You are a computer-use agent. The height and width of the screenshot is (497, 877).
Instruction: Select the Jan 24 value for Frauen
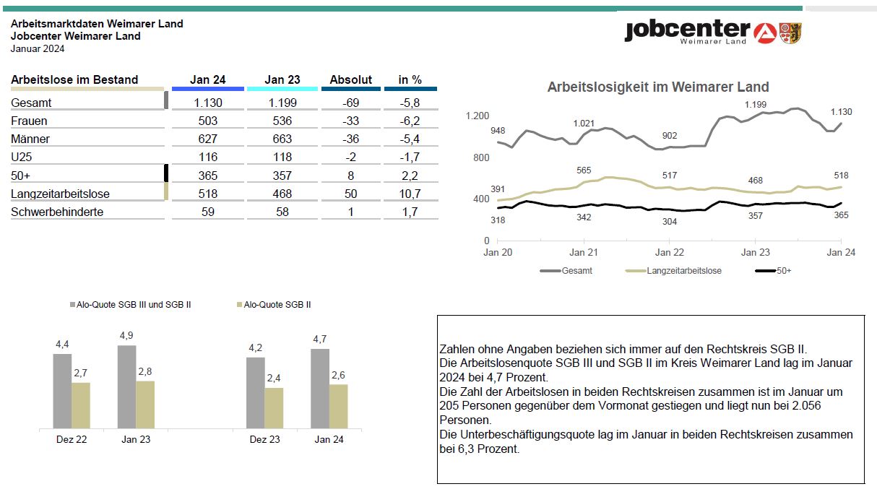[x=208, y=121]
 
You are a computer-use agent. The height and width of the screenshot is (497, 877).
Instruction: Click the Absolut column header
[x=351, y=79]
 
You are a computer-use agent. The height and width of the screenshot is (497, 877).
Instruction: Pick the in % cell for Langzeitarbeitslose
[x=410, y=194]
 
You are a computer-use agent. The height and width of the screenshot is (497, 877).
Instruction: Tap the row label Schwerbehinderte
[x=57, y=212]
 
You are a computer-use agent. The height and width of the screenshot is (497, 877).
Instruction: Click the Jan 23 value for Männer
[x=282, y=139]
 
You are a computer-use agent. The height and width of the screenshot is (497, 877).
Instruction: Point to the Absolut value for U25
[x=351, y=157]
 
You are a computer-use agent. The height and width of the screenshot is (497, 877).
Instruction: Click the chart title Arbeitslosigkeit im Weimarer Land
[x=658, y=87]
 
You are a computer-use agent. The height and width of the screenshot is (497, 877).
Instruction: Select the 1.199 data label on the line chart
[x=756, y=105]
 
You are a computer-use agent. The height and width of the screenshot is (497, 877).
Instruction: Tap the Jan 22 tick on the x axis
[x=670, y=253]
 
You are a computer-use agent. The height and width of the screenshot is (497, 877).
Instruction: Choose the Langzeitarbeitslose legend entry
[x=683, y=271]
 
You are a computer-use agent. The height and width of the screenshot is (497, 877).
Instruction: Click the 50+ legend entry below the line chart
[x=782, y=271]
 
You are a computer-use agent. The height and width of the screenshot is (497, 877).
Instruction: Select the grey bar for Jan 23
[x=127, y=386]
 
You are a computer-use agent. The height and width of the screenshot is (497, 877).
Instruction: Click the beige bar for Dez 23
[x=274, y=408]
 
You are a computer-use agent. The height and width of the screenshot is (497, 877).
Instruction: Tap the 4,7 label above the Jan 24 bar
[x=320, y=339]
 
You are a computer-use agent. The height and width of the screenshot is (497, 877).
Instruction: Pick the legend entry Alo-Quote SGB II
[x=277, y=305]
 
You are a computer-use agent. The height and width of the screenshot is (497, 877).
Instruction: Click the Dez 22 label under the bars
[x=72, y=439]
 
